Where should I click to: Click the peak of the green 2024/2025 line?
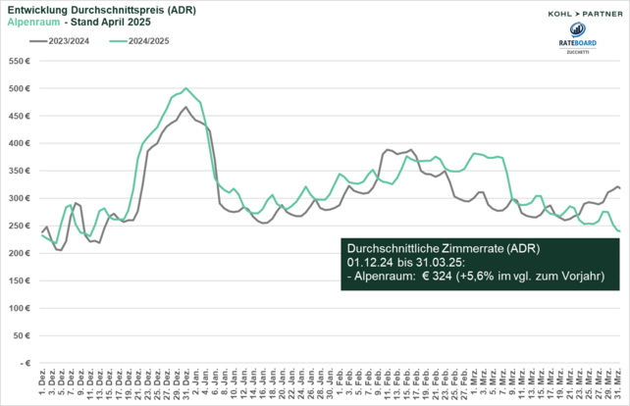pos(186,88)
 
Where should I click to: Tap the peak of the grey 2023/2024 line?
pos(186,107)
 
